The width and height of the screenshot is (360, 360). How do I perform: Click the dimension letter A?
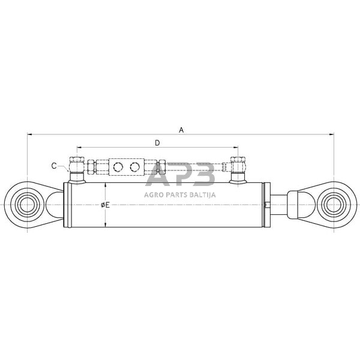181,130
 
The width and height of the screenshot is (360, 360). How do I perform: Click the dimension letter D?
157,143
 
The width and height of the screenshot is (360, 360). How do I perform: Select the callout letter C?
54,166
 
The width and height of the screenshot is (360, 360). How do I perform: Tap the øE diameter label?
106,205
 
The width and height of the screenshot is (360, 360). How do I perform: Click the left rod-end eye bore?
28,205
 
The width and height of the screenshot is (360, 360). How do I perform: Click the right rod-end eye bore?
333,205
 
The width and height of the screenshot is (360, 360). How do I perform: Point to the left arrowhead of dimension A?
29,134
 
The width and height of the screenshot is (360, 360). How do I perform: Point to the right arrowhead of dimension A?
332,134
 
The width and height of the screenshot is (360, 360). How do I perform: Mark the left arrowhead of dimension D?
79,148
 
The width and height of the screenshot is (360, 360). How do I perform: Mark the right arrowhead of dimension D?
236,148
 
